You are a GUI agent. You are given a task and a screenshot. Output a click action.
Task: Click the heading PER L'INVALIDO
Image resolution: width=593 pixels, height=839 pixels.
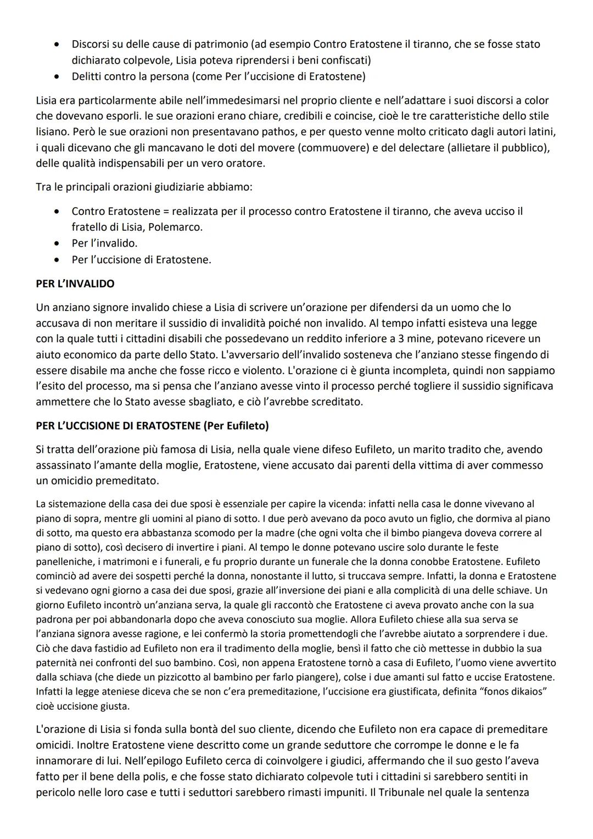pos(75,284)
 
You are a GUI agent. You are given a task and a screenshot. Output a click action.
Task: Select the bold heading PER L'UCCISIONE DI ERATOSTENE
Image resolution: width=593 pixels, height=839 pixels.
pos(118,426)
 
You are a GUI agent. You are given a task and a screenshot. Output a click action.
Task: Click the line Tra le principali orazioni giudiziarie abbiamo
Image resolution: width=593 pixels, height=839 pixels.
pos(144,187)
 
